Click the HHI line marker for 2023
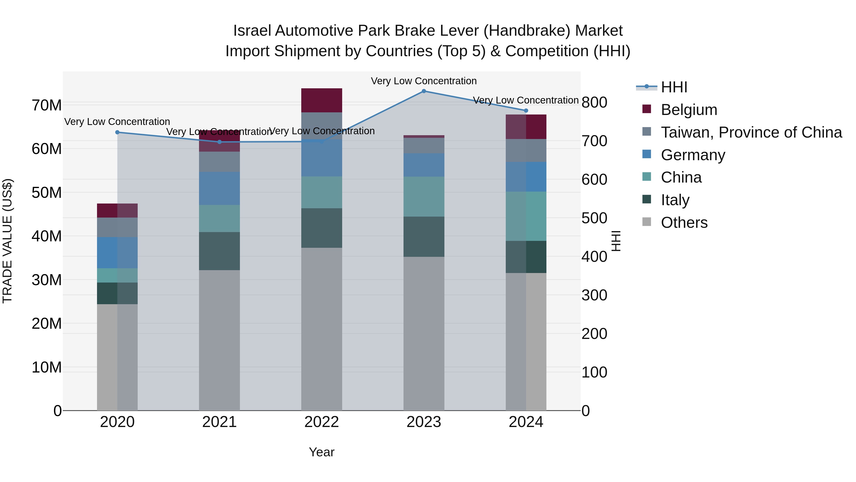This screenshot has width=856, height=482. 424,91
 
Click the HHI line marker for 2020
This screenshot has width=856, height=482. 117,132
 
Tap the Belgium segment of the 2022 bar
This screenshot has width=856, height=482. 321,100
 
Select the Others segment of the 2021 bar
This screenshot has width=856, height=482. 219,340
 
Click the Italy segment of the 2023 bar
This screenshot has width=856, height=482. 424,237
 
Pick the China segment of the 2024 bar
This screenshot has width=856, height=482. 526,216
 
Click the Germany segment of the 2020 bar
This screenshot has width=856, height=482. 117,253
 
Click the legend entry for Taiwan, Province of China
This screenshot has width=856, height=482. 751,132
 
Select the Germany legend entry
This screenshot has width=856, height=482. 693,155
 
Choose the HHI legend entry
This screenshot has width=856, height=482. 674,87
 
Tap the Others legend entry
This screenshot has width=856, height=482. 684,223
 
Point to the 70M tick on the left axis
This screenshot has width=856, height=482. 47,105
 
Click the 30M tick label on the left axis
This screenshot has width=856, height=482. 47,280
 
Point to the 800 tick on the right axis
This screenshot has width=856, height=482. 594,102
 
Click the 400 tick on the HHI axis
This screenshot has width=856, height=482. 594,256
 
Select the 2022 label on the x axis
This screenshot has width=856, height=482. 321,422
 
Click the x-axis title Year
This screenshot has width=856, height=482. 321,452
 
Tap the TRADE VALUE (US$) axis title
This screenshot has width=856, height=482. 7,241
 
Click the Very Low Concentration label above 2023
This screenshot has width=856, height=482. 424,81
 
